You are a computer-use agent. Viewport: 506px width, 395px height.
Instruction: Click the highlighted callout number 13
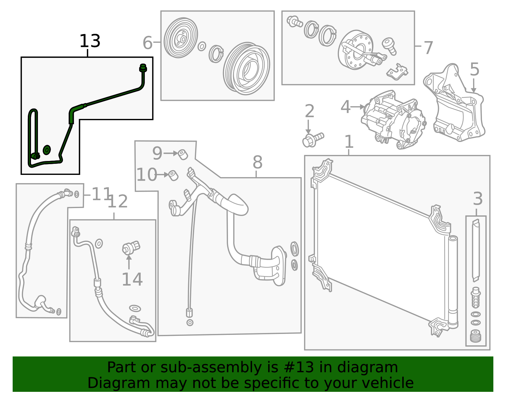tap(89, 41)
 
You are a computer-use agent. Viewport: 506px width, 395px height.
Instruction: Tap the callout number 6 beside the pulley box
tap(147, 43)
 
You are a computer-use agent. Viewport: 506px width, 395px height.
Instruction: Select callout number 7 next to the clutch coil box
tap(428, 48)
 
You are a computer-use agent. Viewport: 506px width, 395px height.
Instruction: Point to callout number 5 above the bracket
tap(474, 69)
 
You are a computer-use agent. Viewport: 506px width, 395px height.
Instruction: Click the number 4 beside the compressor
tap(345, 107)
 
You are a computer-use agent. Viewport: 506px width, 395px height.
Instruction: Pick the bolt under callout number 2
tap(312, 139)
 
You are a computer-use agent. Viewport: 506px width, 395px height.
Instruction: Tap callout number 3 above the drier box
tap(478, 199)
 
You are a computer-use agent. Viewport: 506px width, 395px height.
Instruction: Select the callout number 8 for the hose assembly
tap(257, 162)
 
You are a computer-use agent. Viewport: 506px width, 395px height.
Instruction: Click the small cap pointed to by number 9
tap(183, 155)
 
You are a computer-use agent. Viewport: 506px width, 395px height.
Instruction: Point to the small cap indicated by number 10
tap(173, 175)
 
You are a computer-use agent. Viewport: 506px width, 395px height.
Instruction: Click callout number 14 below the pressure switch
tap(132, 279)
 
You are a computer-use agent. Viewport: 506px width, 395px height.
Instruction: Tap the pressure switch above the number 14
tap(131, 247)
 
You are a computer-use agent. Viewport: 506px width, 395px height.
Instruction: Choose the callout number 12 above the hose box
tap(118, 201)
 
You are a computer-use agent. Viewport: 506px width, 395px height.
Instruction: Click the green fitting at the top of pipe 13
tap(143, 68)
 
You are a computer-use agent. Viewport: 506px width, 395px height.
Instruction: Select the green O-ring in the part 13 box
tap(47, 150)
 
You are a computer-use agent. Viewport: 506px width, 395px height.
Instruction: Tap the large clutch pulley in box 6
tap(246, 69)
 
